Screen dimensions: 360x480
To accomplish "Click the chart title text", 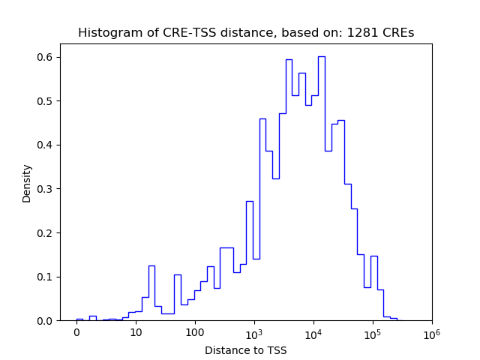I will click(246, 33).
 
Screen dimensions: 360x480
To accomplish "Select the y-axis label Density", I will click(27, 183).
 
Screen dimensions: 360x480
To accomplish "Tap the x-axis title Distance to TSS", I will click(246, 350).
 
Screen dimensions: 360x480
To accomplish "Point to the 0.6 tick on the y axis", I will click(44, 57).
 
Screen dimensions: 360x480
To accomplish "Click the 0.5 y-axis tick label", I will click(44, 101).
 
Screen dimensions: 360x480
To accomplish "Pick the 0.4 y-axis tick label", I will click(44, 145).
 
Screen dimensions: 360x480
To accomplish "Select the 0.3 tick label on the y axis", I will click(44, 189).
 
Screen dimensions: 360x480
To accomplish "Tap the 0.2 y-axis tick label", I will click(44, 232).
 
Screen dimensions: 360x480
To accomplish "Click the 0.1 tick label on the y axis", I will click(44, 277).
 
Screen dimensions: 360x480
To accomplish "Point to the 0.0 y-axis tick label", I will click(44, 321).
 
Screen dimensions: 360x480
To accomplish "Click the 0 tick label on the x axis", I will click(76, 333).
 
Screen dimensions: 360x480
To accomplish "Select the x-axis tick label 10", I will click(136, 333).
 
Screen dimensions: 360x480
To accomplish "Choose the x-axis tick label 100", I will click(195, 333).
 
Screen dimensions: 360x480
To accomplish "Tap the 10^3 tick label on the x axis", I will click(254, 332).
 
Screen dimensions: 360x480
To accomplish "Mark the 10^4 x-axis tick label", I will click(313, 332).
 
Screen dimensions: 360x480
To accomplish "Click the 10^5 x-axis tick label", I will click(373, 332).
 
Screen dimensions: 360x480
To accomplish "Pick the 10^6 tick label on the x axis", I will click(432, 332).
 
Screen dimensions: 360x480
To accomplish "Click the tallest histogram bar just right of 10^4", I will click(321, 187).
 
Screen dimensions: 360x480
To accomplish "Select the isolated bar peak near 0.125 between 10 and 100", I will click(151, 292).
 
